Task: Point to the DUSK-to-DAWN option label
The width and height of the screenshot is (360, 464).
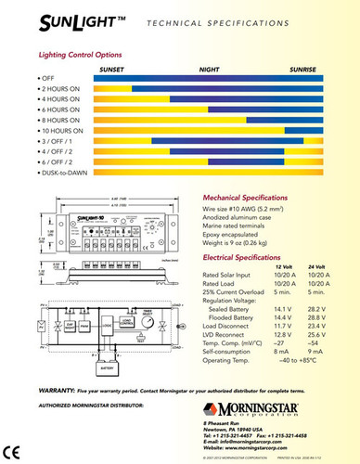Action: tap(64, 173)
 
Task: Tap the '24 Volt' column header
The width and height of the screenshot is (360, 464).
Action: tap(317, 267)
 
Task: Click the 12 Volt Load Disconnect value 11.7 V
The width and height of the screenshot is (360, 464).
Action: tap(287, 326)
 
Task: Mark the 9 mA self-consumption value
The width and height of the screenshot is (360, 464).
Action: tap(317, 351)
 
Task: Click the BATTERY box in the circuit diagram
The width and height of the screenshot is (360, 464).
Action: tap(104, 367)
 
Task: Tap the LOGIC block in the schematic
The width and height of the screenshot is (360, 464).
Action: tap(109, 327)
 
